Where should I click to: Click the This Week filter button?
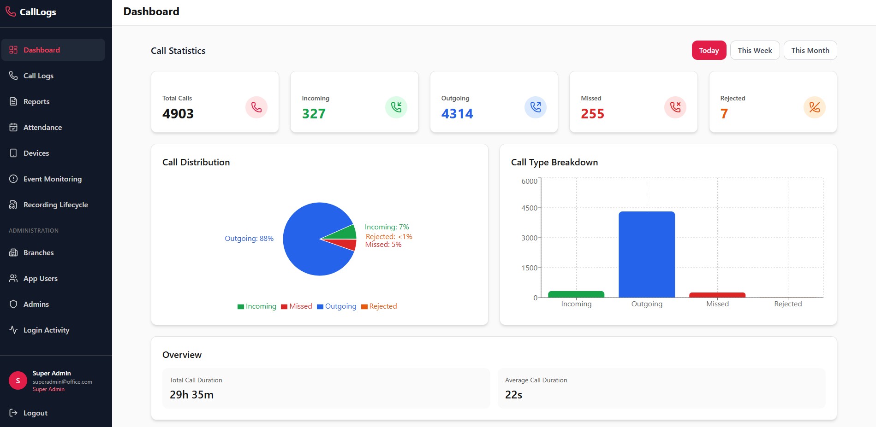tap(755, 50)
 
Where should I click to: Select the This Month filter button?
tap(810, 50)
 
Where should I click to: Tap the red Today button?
tap(709, 50)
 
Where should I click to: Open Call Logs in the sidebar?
tap(38, 76)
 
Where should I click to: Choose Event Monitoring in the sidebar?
tap(52, 179)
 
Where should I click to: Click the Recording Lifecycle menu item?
tap(55, 205)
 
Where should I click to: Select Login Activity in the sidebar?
tap(46, 330)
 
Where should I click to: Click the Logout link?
tap(35, 413)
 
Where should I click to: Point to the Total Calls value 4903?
tap(178, 113)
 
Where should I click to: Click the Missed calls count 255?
tap(592, 113)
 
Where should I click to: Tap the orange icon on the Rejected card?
tap(814, 107)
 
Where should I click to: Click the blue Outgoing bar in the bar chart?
tap(646, 254)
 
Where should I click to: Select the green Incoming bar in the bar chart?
tap(576, 294)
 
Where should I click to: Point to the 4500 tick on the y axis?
tap(529, 208)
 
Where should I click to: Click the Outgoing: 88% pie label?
tap(249, 238)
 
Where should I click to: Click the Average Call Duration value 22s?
tap(513, 395)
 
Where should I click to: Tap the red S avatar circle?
tap(18, 380)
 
